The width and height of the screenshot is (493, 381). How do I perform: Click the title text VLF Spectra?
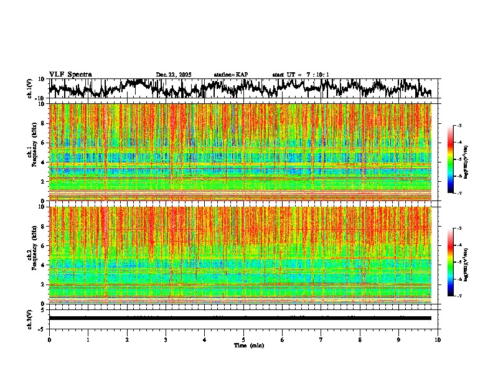(70, 75)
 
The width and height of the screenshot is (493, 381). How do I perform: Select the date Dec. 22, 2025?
(174, 75)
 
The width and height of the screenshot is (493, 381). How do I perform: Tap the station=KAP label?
(230, 75)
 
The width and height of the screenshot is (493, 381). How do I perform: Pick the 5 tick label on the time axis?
(243, 339)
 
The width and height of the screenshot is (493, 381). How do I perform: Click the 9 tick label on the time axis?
(399, 339)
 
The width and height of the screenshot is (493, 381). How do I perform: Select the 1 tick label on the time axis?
(88, 339)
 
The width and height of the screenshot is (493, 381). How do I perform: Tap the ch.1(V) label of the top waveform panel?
(30, 88)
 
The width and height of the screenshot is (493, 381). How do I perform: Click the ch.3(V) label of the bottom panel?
(30, 318)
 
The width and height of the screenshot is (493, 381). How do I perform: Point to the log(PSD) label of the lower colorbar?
(466, 263)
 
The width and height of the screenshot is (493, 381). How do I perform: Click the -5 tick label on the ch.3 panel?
(41, 327)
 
